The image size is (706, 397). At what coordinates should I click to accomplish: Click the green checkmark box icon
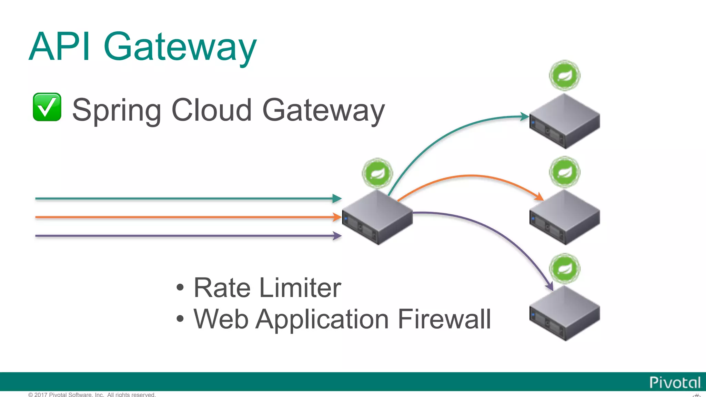(x=47, y=107)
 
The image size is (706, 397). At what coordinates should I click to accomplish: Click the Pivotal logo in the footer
(x=675, y=383)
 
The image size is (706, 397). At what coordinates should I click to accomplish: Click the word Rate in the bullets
(x=222, y=288)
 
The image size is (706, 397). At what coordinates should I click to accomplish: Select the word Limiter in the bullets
(x=300, y=288)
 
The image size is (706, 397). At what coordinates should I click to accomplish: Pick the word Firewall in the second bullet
(x=444, y=319)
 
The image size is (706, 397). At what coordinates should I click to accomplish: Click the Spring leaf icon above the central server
(x=377, y=173)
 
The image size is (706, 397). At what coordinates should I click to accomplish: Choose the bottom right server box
(x=565, y=314)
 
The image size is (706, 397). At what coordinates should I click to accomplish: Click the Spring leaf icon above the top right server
(x=565, y=75)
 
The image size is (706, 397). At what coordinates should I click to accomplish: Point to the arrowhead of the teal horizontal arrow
(x=337, y=198)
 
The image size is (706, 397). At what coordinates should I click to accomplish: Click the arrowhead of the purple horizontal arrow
(x=337, y=236)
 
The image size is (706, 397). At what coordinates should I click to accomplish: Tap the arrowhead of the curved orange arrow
(x=539, y=197)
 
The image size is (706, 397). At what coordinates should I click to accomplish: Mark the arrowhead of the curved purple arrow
(x=550, y=287)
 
